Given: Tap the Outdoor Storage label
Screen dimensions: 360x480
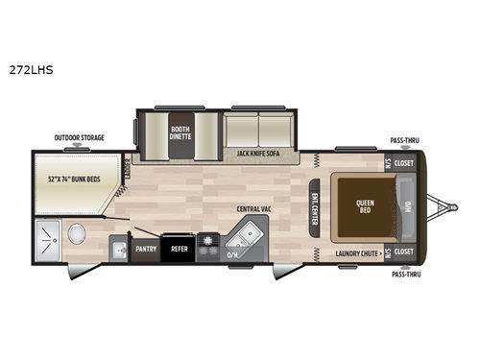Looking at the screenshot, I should tap(79, 138).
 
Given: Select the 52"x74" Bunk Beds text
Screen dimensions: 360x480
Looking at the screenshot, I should tap(78, 179).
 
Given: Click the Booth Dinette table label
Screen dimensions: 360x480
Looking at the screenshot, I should tap(180, 132).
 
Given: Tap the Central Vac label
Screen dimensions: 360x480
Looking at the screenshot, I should tap(255, 208).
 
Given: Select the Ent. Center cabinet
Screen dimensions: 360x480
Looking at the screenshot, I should tap(315, 202).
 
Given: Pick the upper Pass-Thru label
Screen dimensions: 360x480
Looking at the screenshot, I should tap(404, 140).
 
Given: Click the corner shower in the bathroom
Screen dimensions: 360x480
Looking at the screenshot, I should tap(45, 239).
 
